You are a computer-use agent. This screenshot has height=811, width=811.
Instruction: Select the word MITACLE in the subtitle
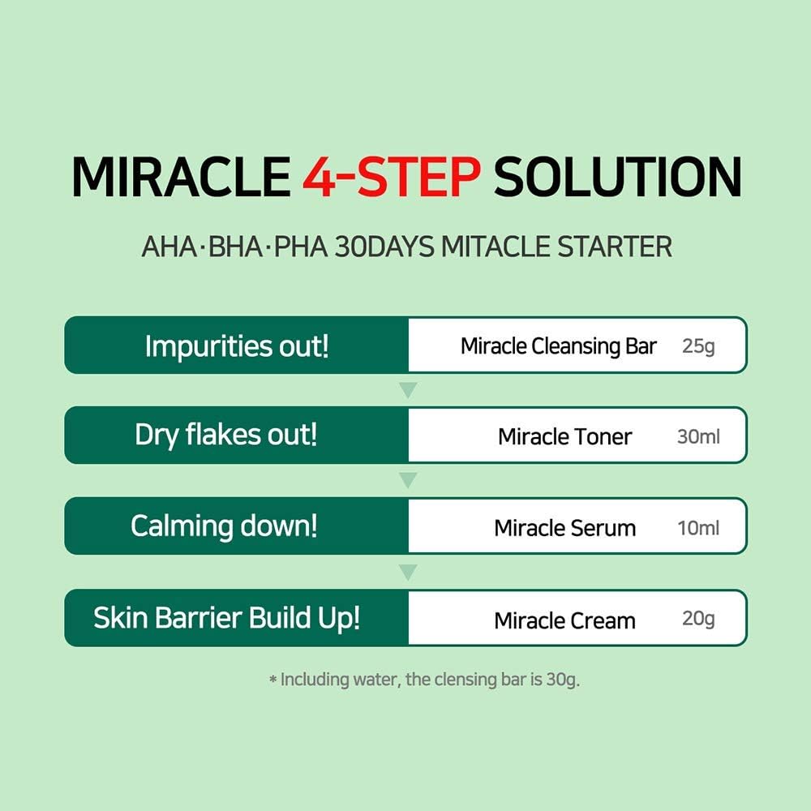(x=494, y=246)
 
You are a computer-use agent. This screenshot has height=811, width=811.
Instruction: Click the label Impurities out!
(x=237, y=346)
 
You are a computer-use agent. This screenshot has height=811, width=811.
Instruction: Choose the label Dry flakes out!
(x=226, y=436)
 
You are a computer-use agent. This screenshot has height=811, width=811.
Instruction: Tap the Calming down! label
(x=224, y=526)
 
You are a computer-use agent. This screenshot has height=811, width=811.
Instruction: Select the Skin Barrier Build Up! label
(x=227, y=618)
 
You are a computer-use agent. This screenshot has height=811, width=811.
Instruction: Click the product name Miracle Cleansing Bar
(x=559, y=346)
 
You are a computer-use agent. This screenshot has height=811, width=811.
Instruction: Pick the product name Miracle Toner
(x=564, y=436)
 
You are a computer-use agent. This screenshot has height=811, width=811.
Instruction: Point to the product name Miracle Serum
(x=564, y=528)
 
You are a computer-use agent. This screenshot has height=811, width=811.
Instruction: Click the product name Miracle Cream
(x=564, y=620)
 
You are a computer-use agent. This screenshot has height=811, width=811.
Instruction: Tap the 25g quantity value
(x=698, y=346)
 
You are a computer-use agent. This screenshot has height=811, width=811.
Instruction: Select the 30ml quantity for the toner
(x=698, y=436)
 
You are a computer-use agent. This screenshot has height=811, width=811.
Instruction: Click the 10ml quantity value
(x=698, y=528)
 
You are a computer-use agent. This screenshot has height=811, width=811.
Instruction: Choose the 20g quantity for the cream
(x=698, y=620)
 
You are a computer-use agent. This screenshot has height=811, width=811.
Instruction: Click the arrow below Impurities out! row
(x=409, y=391)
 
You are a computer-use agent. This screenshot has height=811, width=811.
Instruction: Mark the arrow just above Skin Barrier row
(x=409, y=573)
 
